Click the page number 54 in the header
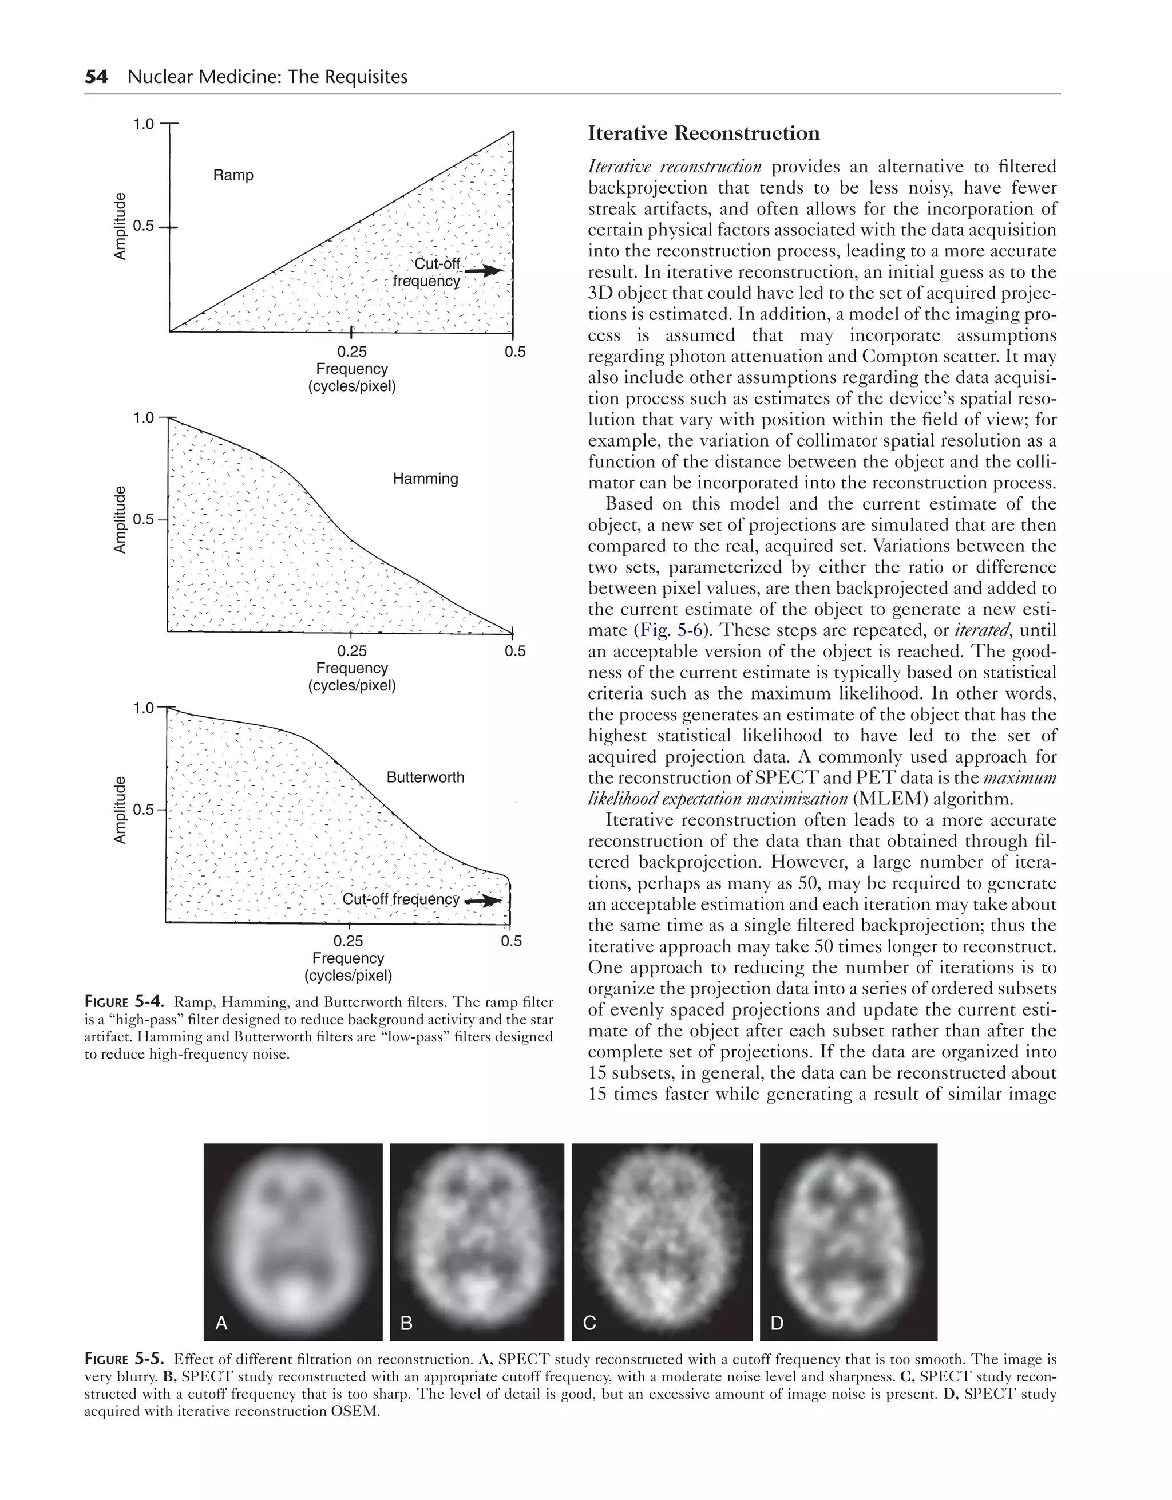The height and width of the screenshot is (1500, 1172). pos(96,76)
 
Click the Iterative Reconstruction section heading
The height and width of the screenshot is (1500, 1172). pos(704,133)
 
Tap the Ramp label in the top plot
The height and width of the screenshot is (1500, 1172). pos(233,175)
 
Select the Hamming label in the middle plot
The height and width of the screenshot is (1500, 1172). pos(425,479)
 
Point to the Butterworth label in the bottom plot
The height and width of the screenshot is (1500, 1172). pos(425,777)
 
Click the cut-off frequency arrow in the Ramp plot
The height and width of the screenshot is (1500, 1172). pos(484,271)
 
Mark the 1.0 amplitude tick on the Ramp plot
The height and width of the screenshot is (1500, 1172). pos(144,124)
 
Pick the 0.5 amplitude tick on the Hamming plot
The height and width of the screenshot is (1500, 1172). pos(144,519)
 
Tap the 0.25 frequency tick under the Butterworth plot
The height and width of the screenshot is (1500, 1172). pos(348,940)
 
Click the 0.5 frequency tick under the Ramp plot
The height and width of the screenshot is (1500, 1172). pos(515,352)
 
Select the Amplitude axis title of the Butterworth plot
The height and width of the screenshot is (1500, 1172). pos(120,810)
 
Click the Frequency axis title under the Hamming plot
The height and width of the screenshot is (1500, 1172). pos(351,668)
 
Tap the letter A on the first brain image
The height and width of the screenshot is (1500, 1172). pos(221,1324)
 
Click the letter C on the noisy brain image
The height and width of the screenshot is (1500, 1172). pos(589,1324)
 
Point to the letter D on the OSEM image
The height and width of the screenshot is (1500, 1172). pos(777,1324)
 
